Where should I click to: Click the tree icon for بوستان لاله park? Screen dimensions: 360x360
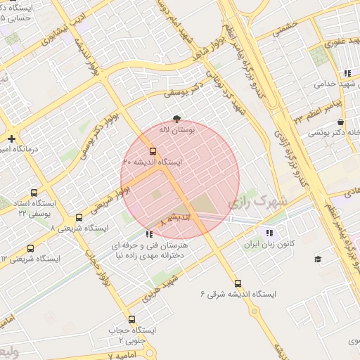coord(176,119)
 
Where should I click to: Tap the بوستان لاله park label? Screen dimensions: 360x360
coord(176,130)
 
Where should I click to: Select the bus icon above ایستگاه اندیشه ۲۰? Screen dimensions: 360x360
coord(153,150)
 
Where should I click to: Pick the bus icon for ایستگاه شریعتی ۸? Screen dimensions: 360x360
coord(79,217)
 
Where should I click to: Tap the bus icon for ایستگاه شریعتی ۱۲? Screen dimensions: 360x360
coord(30,248)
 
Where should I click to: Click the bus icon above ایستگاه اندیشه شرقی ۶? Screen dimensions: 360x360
coord(238,283)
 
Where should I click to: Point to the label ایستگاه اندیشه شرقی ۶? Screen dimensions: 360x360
coord(238,294)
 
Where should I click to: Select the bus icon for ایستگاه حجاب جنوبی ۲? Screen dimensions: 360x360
coord(131,320)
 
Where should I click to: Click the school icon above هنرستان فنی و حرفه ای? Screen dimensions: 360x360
coord(148,234)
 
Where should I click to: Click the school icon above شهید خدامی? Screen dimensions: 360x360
coord(347,72)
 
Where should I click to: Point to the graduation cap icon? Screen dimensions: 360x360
coord(318,259)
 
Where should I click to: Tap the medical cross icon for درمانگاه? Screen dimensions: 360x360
coord(11,138)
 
